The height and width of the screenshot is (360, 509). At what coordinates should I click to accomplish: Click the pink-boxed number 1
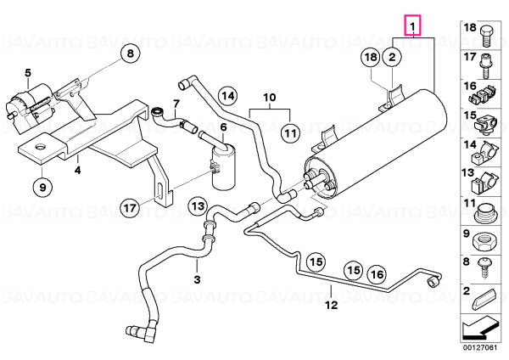pos(412,25)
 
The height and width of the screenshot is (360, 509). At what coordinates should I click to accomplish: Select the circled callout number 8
pos(130,53)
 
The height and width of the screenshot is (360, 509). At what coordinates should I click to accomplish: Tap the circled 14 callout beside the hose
pos(228,96)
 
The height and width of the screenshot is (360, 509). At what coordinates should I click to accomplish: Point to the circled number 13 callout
pos(198,206)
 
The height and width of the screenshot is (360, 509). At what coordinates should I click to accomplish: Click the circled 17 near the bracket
pos(130,208)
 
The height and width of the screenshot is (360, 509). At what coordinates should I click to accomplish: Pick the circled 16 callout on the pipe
pos(377,274)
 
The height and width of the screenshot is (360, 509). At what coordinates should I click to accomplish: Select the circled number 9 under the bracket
pos(42,187)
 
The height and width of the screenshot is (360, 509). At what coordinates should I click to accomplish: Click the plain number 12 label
pos(332,305)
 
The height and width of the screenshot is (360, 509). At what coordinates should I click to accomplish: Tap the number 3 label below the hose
pos(197,279)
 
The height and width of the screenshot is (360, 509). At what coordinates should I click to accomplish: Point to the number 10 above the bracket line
pos(270,97)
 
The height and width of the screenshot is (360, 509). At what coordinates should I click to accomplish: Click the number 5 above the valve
pos(28,73)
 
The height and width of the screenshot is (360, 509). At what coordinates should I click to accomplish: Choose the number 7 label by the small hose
pos(176,104)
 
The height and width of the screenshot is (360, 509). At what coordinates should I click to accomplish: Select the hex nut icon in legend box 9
pos(484,242)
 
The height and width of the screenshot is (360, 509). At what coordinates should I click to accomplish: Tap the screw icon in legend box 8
pos(484,268)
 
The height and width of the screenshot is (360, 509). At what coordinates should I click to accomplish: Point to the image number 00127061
pos(480,348)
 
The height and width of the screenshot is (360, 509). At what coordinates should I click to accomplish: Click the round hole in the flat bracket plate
pos(42,147)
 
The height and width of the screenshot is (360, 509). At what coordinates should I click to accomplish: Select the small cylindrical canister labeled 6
pos(223,166)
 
